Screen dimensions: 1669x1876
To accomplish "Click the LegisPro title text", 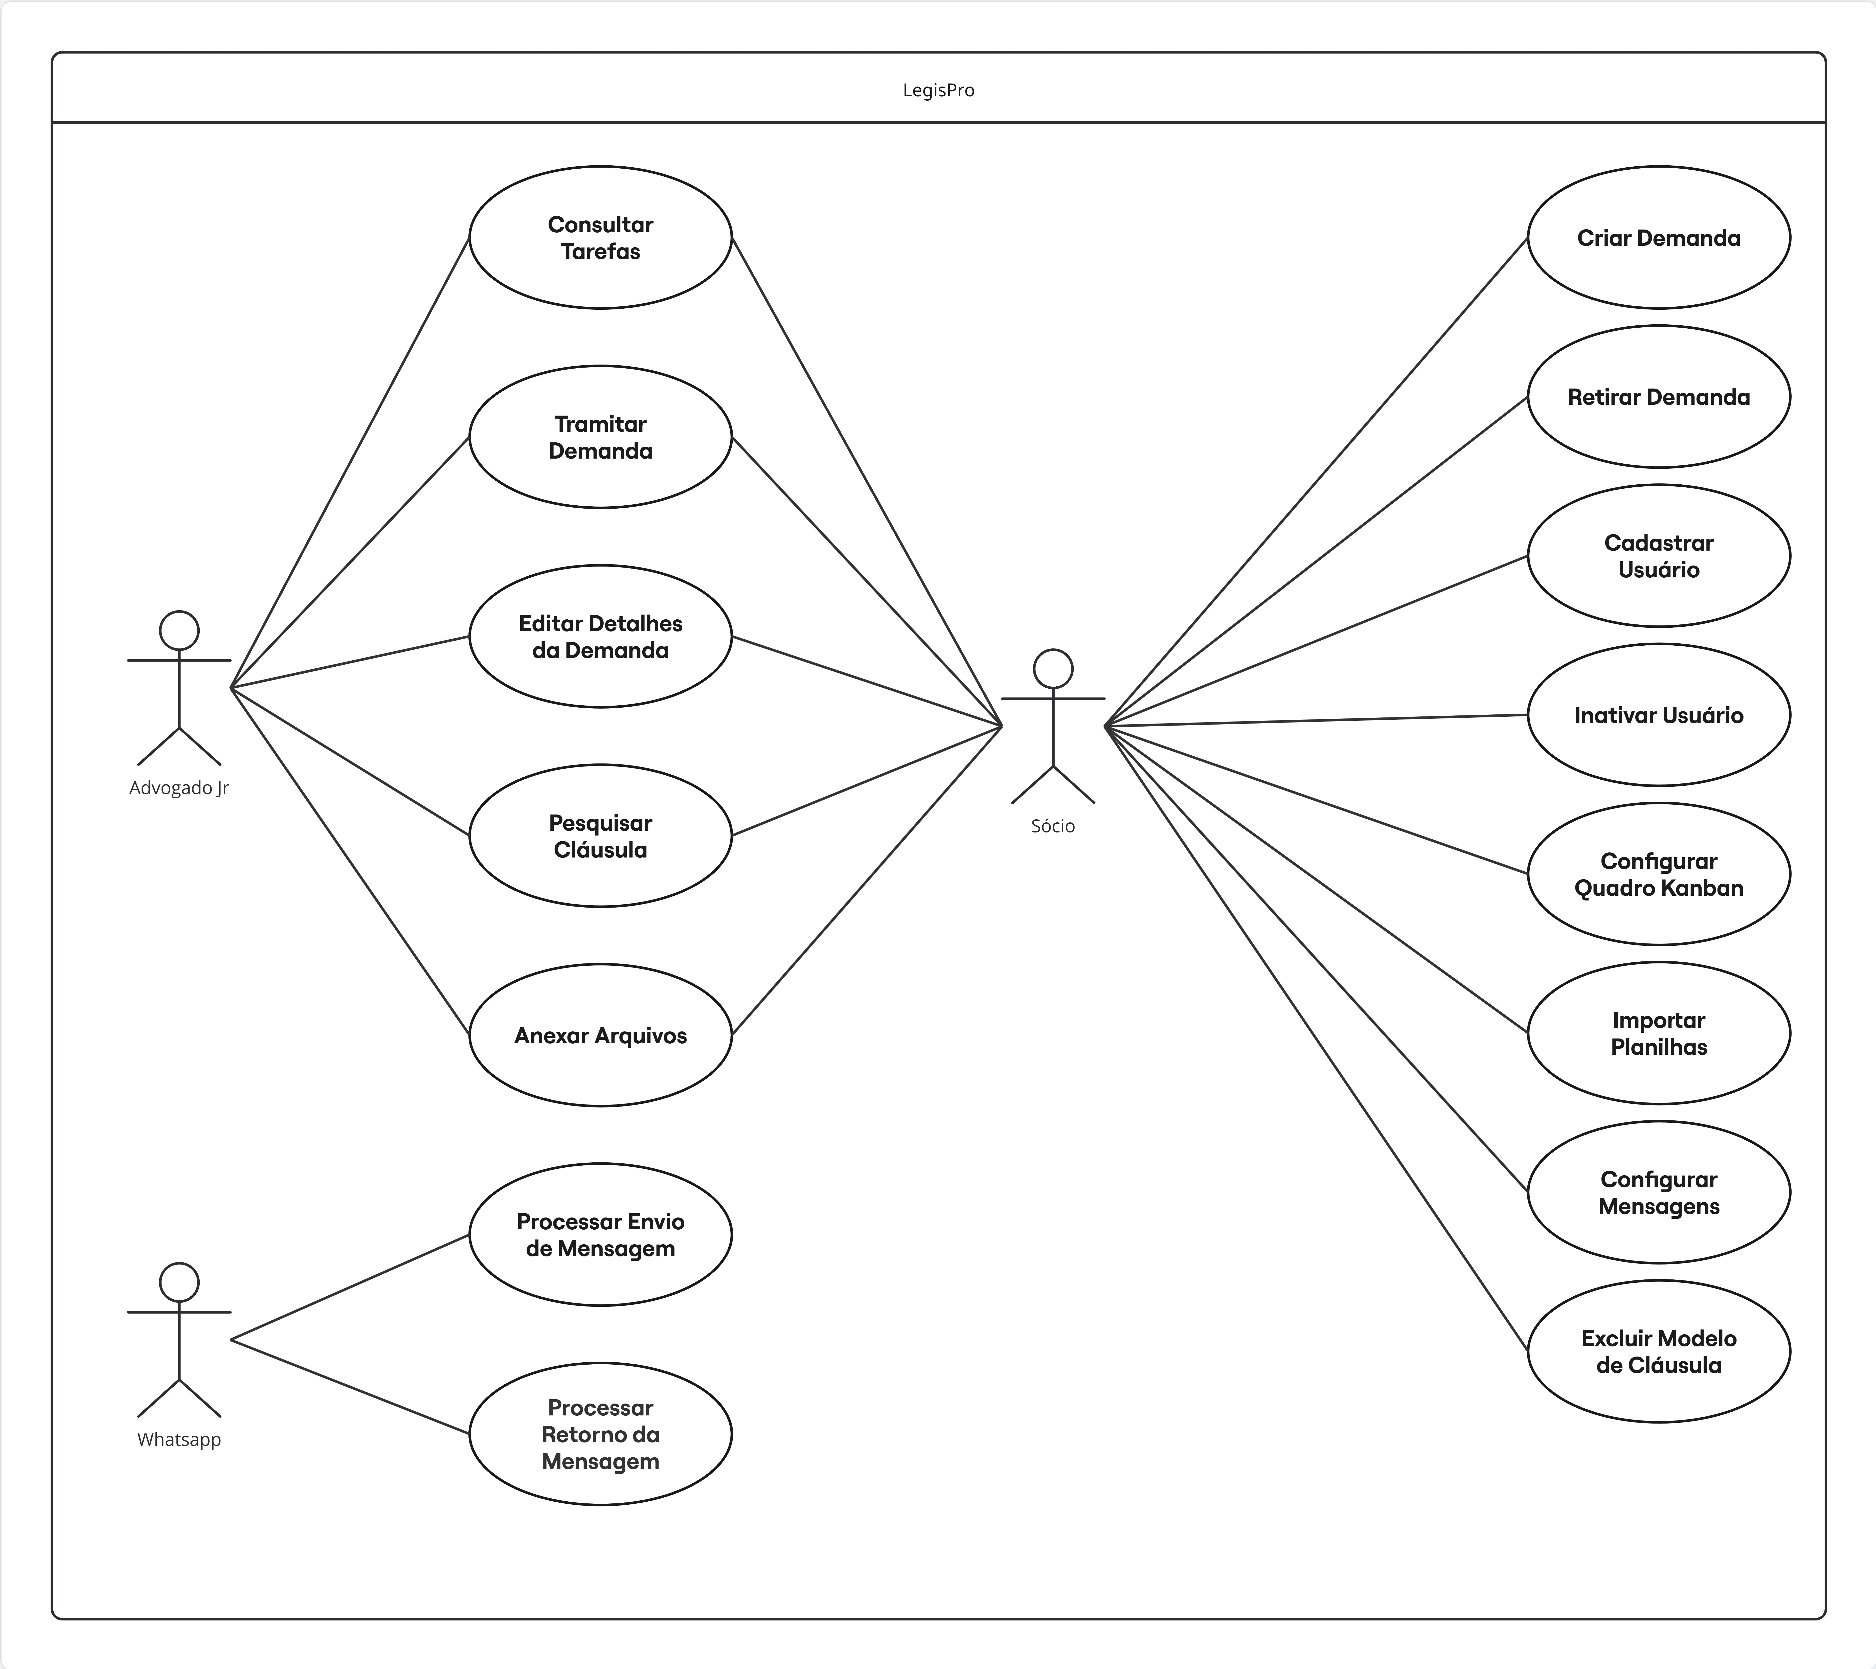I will coord(938,90).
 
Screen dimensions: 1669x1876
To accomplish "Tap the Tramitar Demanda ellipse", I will coord(600,437).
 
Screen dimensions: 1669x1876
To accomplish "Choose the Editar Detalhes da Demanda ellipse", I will coord(600,636).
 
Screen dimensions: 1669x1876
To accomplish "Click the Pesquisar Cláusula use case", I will coord(600,836).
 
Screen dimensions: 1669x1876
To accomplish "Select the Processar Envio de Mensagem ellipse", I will coord(600,1235).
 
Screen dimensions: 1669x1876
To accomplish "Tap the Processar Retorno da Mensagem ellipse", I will coord(600,1434).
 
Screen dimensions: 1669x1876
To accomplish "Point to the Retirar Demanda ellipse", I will coord(1659,397).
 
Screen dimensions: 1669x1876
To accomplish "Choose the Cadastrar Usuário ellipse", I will coord(1659,555).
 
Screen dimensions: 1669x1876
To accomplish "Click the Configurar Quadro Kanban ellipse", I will coord(1659,874).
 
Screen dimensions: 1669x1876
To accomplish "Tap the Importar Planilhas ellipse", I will coord(1659,1033).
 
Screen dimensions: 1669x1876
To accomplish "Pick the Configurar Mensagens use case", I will coord(1659,1192).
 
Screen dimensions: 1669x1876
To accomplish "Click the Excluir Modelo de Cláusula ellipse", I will coord(1659,1351).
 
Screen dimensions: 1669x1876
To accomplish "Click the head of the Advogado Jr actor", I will coord(179,631).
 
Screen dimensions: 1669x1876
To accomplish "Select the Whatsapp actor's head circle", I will coord(179,1282).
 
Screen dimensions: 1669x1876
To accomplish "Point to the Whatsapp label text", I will coord(179,1439).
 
